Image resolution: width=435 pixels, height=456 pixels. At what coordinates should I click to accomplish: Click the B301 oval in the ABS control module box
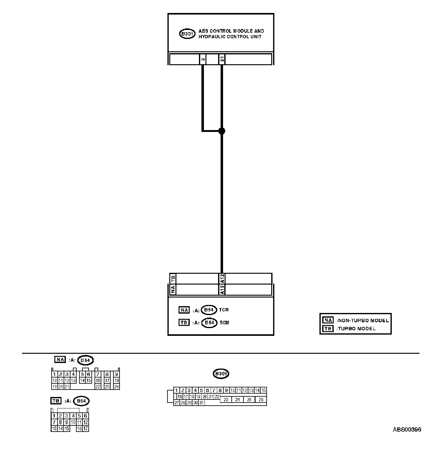[x=187, y=34]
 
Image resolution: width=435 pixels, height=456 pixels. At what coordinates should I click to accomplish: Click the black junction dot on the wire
[x=222, y=131]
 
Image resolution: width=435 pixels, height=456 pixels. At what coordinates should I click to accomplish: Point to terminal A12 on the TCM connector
[x=222, y=278]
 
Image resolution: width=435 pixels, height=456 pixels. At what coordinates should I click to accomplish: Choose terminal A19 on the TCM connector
[x=222, y=289]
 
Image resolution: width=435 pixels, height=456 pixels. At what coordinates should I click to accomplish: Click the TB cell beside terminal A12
[x=173, y=278]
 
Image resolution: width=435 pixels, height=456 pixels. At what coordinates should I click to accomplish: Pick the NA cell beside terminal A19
[x=173, y=289]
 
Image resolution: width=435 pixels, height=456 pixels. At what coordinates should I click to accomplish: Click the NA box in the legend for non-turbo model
[x=328, y=320]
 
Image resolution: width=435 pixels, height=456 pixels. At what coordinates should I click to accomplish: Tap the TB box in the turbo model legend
[x=328, y=328]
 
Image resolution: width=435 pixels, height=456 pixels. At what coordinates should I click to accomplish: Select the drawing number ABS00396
[x=407, y=429]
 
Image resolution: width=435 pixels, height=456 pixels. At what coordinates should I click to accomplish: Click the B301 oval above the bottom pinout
[x=221, y=374]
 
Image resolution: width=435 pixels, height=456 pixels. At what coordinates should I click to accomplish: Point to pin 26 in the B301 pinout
[x=261, y=400]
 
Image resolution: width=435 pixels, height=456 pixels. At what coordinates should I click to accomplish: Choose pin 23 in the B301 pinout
[x=226, y=400]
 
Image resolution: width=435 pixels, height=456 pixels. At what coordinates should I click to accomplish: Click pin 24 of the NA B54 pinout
[x=116, y=386]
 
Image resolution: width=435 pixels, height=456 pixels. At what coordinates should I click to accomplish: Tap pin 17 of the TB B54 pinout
[x=86, y=429]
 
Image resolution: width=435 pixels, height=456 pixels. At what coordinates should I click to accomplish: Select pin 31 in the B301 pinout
[x=201, y=403]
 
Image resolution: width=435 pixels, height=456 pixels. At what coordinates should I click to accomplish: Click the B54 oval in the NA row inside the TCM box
[x=209, y=310]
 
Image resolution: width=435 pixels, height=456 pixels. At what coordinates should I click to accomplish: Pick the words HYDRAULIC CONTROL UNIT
[x=230, y=37]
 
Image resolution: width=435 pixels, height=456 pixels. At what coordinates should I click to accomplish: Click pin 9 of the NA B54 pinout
[x=116, y=374]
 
